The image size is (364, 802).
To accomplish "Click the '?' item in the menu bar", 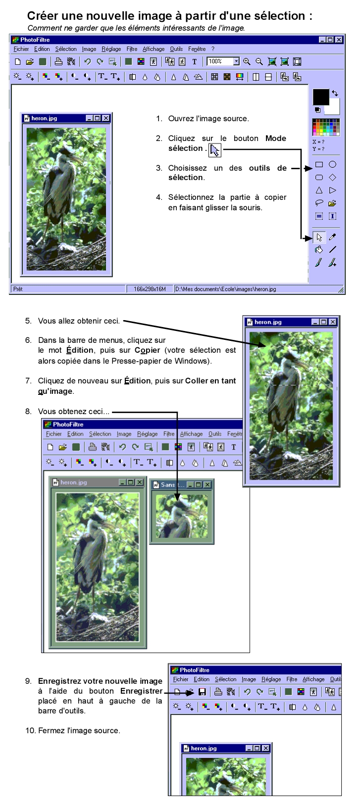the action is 213,49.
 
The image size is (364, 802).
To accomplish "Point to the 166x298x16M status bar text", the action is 150,289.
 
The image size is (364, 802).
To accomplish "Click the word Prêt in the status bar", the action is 18,289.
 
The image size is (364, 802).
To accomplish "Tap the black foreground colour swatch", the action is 320,96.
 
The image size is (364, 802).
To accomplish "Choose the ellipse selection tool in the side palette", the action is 332,164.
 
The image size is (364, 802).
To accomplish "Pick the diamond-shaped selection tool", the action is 332,177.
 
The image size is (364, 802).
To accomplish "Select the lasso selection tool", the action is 319,203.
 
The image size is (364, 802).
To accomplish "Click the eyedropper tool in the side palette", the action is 332,237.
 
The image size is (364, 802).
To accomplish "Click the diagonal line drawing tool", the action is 332,249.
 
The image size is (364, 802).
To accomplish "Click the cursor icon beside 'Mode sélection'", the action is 215,150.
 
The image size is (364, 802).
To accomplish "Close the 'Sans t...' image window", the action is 208,485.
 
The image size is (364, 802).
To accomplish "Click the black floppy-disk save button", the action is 202,692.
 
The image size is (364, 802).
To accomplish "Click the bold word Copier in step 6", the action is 147,350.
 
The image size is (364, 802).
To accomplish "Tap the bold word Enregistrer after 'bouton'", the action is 141,691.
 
